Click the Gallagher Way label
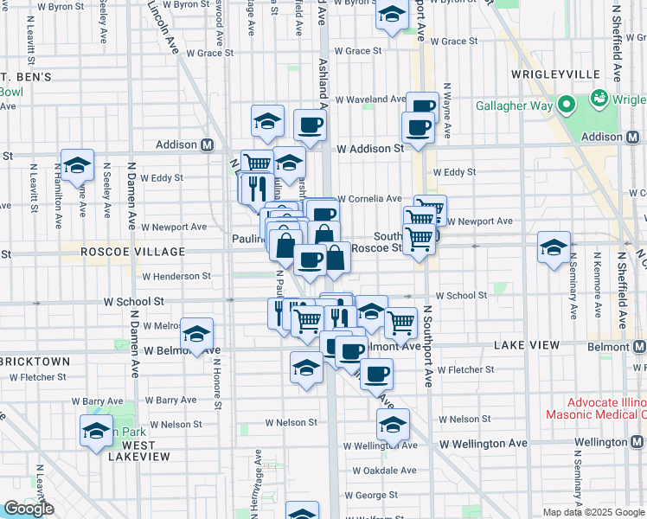515,106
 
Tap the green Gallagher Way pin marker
567,106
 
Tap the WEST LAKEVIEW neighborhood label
132,451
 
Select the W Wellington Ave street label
483,444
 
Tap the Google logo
29,509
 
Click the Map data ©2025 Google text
593,512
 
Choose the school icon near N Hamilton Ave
77,165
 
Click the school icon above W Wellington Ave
393,426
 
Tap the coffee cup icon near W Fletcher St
376,375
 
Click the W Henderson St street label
176,276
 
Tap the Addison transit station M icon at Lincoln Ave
207,145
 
